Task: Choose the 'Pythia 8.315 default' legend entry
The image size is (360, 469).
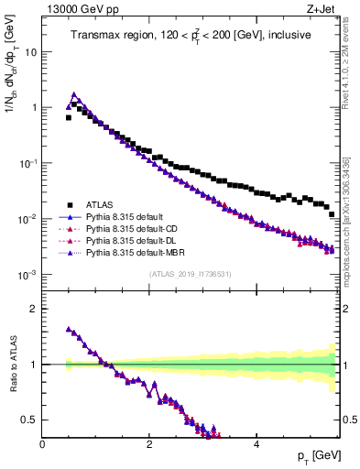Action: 129,216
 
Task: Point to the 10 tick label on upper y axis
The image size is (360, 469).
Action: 31,52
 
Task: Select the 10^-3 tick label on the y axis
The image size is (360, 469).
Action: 28,276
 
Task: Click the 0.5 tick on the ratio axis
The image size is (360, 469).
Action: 30,420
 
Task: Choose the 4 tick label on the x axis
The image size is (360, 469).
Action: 256,444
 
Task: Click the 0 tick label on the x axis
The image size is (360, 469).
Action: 42,444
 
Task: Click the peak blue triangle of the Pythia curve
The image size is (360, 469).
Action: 74,94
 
